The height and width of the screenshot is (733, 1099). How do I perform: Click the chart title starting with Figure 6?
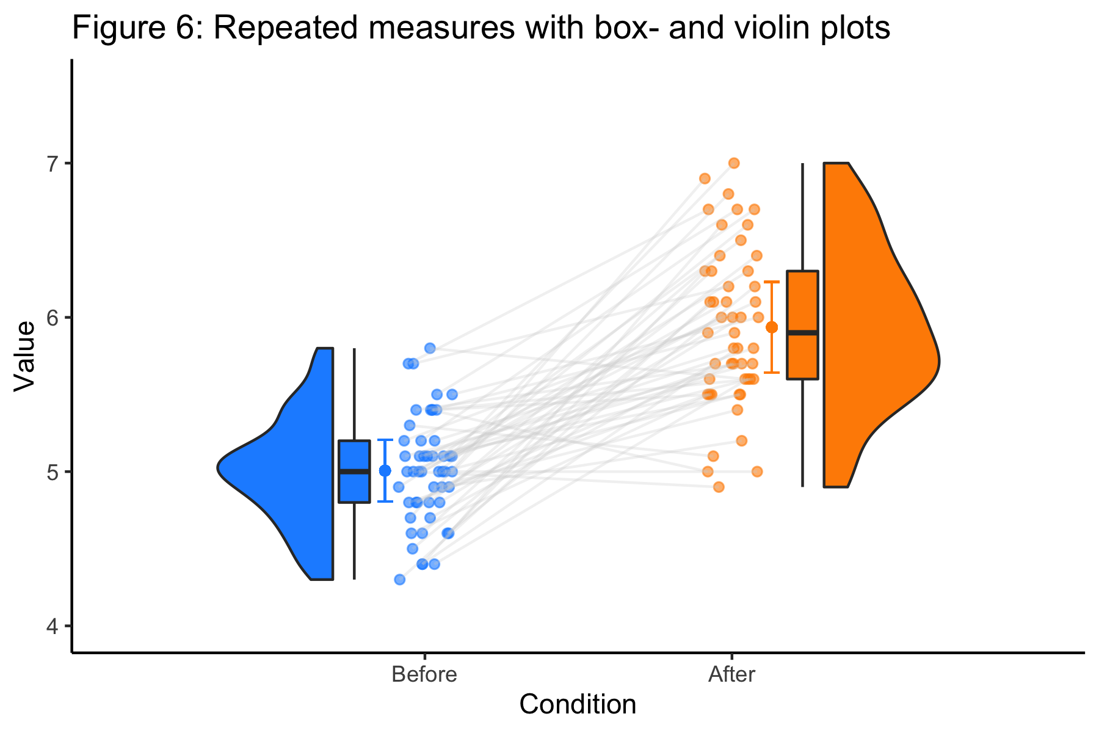pos(481,28)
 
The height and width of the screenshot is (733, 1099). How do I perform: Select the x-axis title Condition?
pos(578,704)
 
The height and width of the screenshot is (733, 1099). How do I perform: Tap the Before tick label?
pos(424,675)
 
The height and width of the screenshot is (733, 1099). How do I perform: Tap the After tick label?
pos(731,675)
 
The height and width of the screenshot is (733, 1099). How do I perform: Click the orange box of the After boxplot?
pos(802,299)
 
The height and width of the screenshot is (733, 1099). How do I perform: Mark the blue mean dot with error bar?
pos(385,470)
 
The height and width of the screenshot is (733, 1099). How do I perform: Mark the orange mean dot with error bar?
pos(772,327)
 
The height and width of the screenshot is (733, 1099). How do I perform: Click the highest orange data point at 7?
pos(734,163)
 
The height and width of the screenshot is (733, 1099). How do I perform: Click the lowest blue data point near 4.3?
pos(400,579)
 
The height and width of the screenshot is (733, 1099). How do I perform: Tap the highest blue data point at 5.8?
pos(430,348)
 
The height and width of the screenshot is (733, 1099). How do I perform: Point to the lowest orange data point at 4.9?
pos(719,487)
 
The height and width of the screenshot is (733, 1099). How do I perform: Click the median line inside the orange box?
pos(802,333)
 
